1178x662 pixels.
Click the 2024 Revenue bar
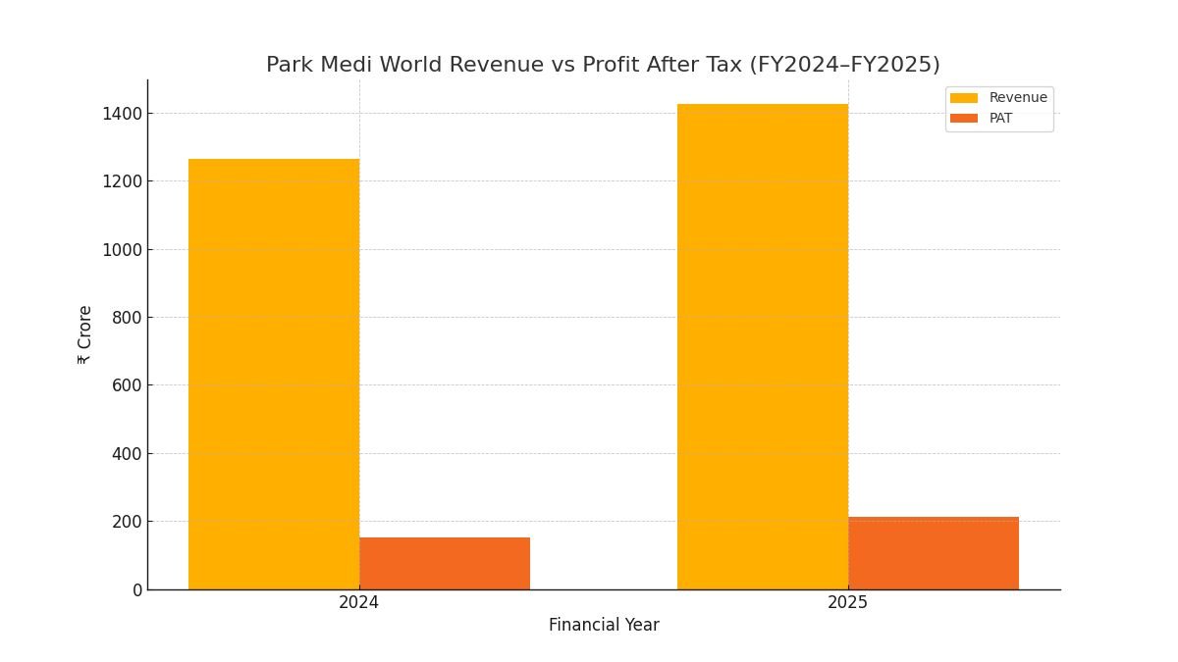[274, 374]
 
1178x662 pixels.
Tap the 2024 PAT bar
[445, 563]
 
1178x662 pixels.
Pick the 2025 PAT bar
[934, 553]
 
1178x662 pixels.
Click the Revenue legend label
[1018, 98]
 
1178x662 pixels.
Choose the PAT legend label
[1000, 119]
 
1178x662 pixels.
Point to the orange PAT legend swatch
[964, 119]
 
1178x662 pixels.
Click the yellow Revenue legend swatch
[964, 98]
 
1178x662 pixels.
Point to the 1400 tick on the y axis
[122, 114]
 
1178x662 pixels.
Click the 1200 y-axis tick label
[122, 181]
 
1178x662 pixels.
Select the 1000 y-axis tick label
[122, 250]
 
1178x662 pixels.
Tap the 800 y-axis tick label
[126, 318]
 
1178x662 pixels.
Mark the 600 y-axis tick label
[126, 385]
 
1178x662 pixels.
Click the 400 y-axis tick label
[126, 454]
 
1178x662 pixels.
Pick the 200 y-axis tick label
[126, 522]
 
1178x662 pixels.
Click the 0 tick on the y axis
[137, 590]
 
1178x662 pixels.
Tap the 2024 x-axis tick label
[359, 603]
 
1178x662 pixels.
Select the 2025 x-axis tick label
[848, 603]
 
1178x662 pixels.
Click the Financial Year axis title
[604, 626]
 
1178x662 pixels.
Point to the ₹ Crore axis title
[85, 334]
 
